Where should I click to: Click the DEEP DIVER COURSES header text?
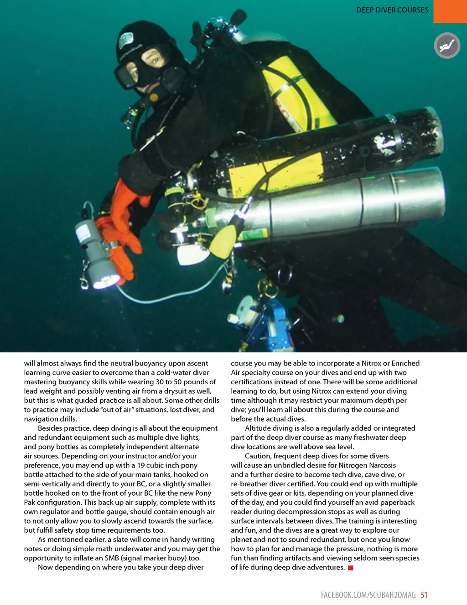[x=392, y=10]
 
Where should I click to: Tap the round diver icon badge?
[x=447, y=46]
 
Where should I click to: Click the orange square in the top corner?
[x=450, y=11]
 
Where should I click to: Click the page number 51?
[x=424, y=595]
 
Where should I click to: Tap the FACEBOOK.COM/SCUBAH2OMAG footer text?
[x=368, y=595]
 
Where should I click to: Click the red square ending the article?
[x=351, y=568]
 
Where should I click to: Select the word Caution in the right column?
[x=257, y=456]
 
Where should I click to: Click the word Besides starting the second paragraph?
[x=51, y=428]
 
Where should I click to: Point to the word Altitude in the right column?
[x=258, y=428]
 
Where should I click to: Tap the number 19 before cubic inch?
[x=141, y=465]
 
